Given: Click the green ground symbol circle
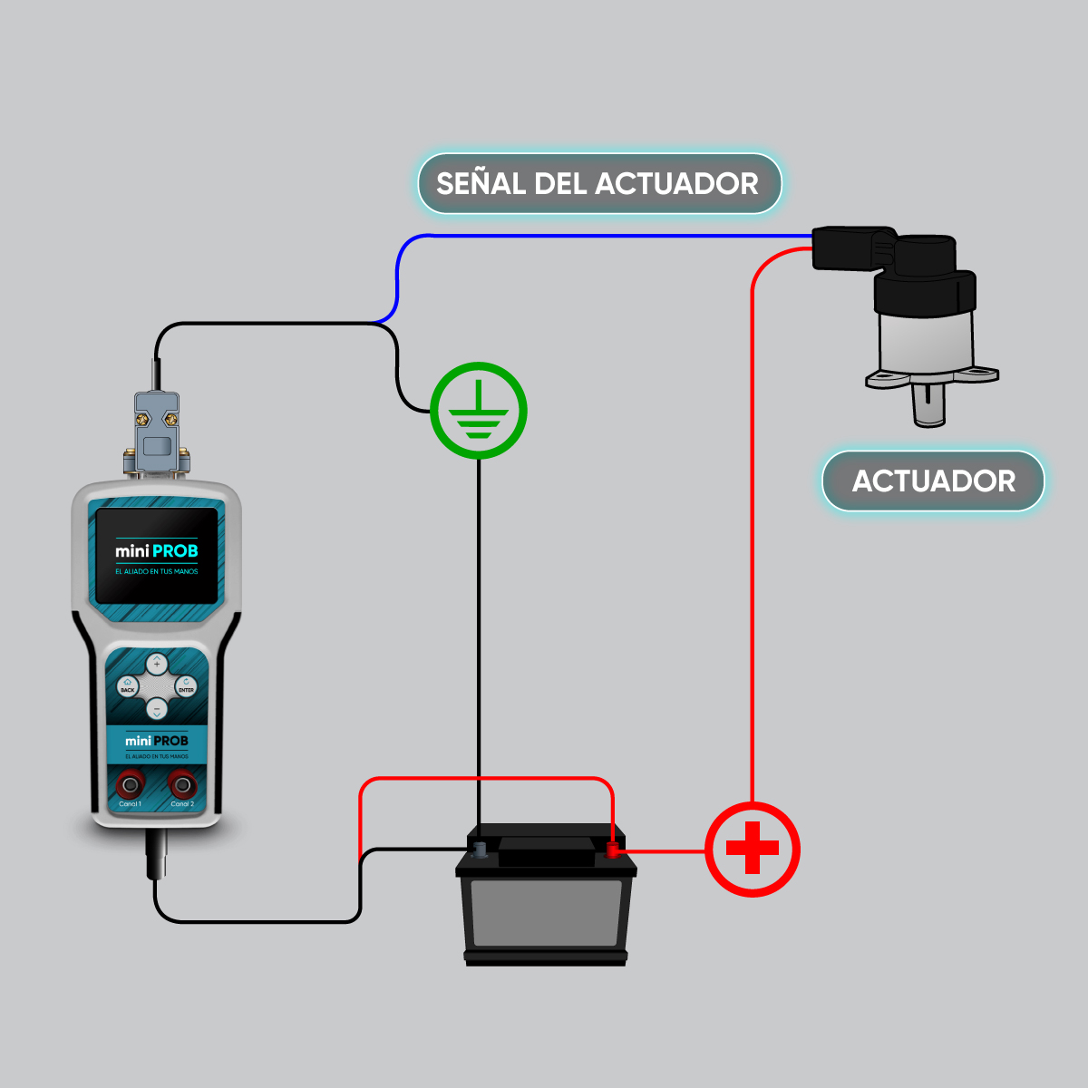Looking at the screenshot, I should coord(478,411).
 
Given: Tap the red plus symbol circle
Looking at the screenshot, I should coord(753,850).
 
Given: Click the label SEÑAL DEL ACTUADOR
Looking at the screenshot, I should coord(598,184).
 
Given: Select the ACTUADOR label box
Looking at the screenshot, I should coord(933,481).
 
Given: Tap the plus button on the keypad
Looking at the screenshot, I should coord(157,665).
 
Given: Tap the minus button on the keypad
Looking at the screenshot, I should coord(157,708).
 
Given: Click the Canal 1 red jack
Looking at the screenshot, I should coord(131,784).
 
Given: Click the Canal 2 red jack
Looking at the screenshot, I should coord(182,784).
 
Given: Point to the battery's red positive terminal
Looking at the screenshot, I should coord(613,850).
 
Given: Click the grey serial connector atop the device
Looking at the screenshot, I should coord(157,431).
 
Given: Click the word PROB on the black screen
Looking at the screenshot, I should coord(175,551).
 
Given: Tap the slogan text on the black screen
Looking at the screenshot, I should coord(156,572).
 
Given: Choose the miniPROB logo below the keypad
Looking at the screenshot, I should coord(157,741).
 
